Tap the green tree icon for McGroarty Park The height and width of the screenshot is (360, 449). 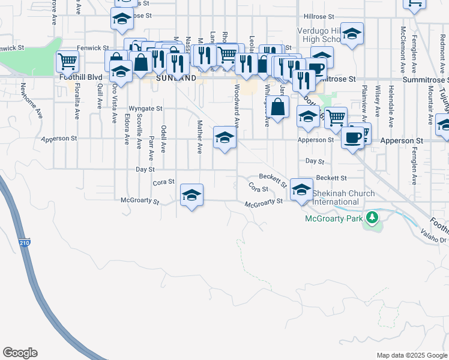(372, 217)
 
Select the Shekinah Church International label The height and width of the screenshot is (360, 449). (343, 197)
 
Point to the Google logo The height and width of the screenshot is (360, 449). (20, 353)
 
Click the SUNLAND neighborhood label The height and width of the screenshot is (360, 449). (176, 78)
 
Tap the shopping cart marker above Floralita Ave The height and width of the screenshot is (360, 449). (68, 61)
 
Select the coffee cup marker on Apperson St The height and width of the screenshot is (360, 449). (352, 138)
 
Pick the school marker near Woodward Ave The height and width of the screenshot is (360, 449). (224, 139)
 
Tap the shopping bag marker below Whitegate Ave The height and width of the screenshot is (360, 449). (278, 108)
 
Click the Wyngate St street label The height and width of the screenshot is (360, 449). (146, 109)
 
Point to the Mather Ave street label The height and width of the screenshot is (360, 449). (200, 137)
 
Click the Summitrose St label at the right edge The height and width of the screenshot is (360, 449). (426, 80)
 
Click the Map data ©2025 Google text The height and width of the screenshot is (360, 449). (412, 355)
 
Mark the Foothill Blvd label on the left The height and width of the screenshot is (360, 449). (82, 77)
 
